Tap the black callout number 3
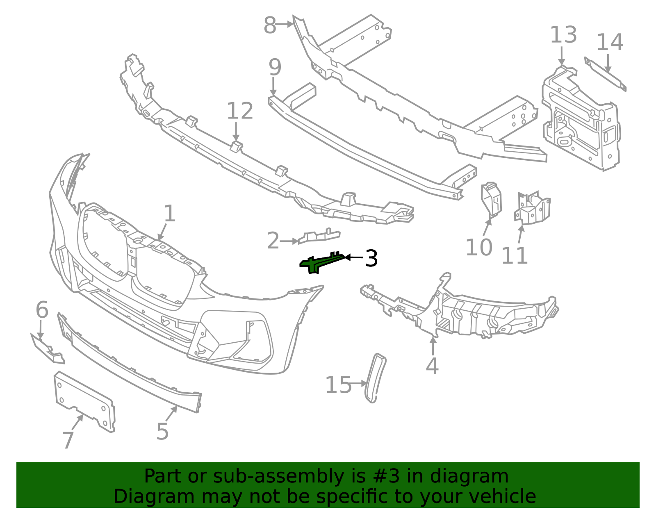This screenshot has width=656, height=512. pyautogui.click(x=371, y=258)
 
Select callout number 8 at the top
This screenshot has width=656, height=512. pyautogui.click(x=270, y=25)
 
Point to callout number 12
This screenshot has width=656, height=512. pyautogui.click(x=240, y=111)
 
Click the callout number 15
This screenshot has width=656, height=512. pyautogui.click(x=338, y=385)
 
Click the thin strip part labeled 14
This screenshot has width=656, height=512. pyautogui.click(x=605, y=74)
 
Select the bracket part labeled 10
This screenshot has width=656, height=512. pyautogui.click(x=491, y=199)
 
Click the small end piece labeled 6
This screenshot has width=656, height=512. pyautogui.click(x=48, y=348)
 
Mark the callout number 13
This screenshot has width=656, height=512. pyautogui.click(x=563, y=35)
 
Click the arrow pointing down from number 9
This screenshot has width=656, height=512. pyautogui.click(x=273, y=86)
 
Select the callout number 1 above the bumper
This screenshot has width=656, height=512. pyautogui.click(x=170, y=214)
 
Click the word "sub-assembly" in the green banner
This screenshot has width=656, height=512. pyautogui.click(x=278, y=477)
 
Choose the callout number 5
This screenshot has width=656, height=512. pyautogui.click(x=162, y=431)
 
